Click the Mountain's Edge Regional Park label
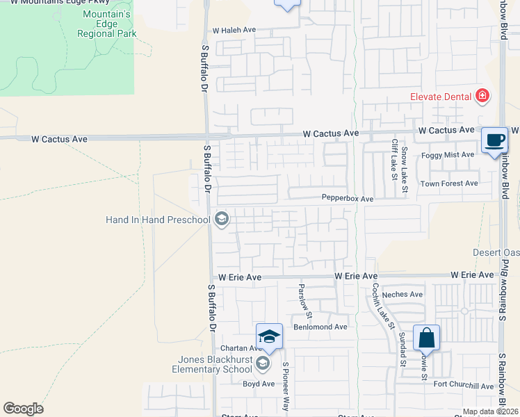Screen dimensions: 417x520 pyautogui.click(x=106, y=24)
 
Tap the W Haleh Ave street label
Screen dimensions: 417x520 pyautogui.click(x=234, y=31)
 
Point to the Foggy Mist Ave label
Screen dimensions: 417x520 pyautogui.click(x=448, y=154)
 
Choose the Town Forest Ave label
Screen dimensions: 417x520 pyautogui.click(x=449, y=183)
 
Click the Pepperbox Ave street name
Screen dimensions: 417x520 pyautogui.click(x=347, y=199)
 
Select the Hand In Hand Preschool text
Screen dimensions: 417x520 pyautogui.click(x=158, y=220)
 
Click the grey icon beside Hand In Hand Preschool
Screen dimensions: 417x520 pyautogui.click(x=222, y=220)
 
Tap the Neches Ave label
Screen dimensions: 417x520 pyautogui.click(x=403, y=295)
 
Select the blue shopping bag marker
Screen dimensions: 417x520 pyautogui.click(x=426, y=339)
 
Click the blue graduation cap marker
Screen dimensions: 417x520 pyautogui.click(x=269, y=337)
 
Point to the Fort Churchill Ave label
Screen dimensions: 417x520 pyautogui.click(x=462, y=386)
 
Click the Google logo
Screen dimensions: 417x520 pyautogui.click(x=24, y=409)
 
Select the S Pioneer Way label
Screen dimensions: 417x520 pyautogui.click(x=284, y=385)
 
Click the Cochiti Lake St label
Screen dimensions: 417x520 pyautogui.click(x=382, y=306)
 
